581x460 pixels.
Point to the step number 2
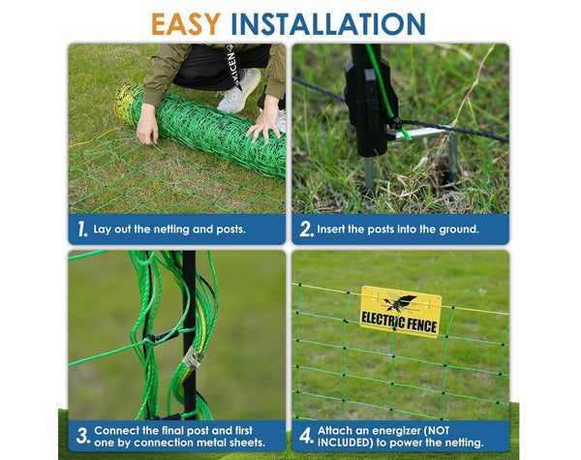pos(305,230)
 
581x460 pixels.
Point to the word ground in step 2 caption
pos(452,230)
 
